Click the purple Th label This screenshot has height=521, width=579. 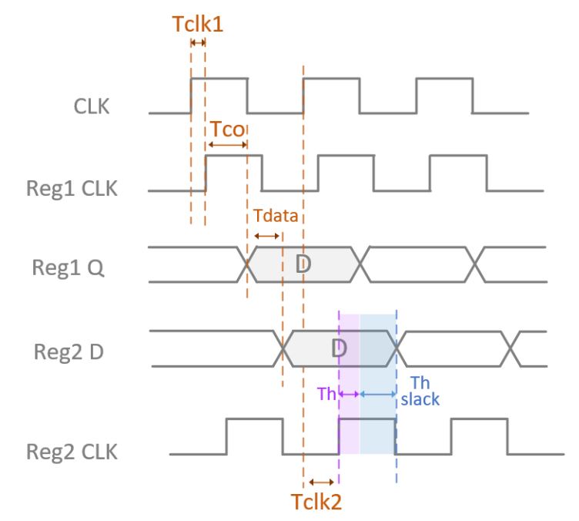(327, 394)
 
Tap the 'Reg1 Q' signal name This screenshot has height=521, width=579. (79, 270)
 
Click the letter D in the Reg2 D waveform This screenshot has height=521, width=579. (340, 348)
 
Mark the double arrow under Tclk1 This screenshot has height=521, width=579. (198, 43)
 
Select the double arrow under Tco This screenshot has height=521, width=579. (226, 144)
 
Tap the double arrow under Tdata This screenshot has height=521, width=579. (266, 236)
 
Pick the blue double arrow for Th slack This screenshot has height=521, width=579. (377, 394)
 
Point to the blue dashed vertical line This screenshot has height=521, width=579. (397, 432)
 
